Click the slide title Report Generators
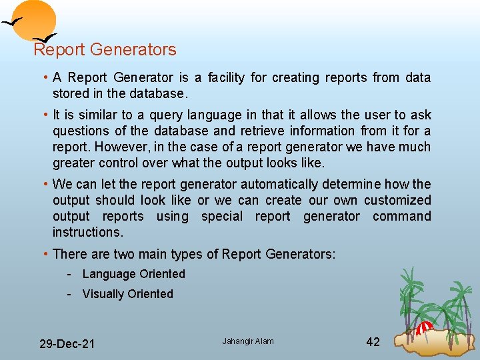(x=105, y=50)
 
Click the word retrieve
(x=265, y=131)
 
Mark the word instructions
(x=87, y=233)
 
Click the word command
(x=401, y=217)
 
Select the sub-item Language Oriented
(x=133, y=274)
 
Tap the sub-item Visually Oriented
(x=127, y=294)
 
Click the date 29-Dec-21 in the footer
(x=67, y=344)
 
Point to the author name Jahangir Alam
(x=248, y=341)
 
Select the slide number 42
(x=373, y=342)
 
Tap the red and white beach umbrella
(x=425, y=327)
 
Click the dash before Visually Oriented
(x=69, y=294)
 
